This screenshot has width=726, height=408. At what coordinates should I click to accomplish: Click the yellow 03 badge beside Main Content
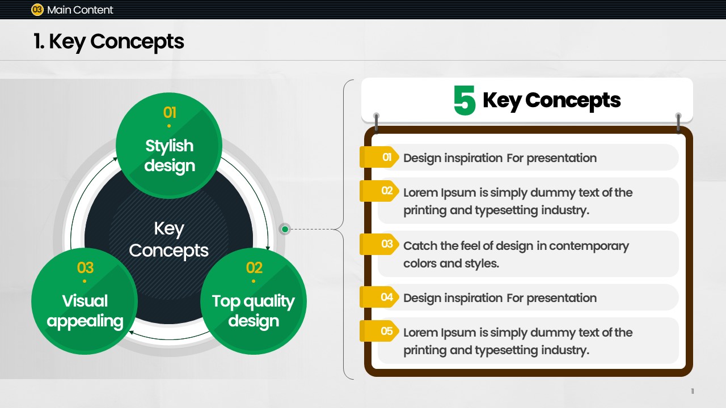click(x=37, y=10)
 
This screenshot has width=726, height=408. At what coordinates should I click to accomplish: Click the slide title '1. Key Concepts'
click(x=108, y=41)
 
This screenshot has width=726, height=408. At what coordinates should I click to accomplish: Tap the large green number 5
click(x=465, y=100)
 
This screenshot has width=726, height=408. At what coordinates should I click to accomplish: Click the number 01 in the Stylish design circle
click(x=170, y=113)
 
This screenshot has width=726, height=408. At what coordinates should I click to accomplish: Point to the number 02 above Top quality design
click(x=254, y=268)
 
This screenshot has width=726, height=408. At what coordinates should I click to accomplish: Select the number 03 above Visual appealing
click(x=85, y=268)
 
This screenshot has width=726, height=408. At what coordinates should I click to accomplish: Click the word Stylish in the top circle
click(x=169, y=146)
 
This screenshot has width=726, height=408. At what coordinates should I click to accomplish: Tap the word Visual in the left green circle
click(x=85, y=301)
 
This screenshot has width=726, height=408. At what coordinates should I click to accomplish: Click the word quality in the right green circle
click(x=269, y=302)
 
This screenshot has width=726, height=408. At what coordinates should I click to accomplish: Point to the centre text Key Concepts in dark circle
click(x=168, y=240)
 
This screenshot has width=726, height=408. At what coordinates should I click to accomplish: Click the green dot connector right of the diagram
click(x=285, y=229)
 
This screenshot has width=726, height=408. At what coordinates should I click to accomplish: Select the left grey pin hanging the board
click(x=376, y=123)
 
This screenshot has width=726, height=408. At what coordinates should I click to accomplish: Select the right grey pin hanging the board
click(x=678, y=123)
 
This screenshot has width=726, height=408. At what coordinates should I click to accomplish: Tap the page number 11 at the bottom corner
click(x=693, y=391)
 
